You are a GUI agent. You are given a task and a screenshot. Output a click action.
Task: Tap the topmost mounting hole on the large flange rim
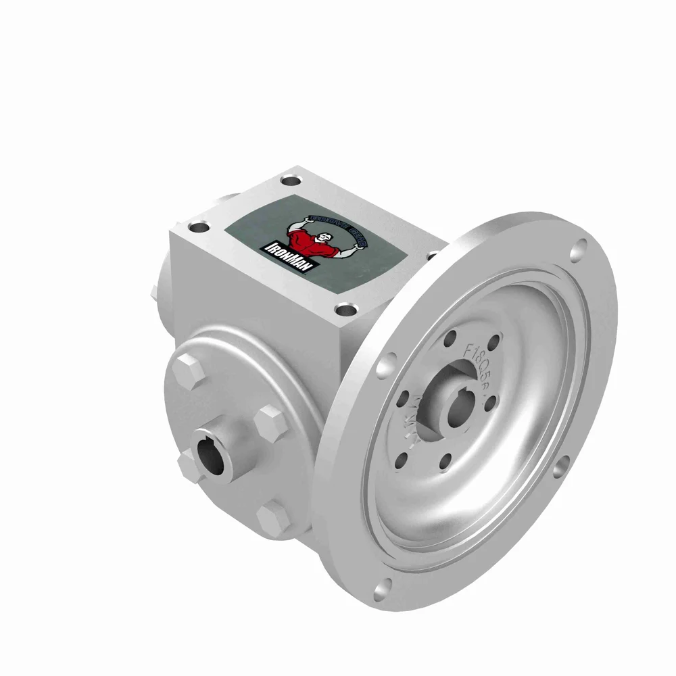(x=577, y=252)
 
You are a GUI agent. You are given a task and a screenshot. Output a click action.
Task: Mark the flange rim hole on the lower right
(x=560, y=469)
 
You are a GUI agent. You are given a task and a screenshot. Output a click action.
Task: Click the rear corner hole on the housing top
(x=291, y=181)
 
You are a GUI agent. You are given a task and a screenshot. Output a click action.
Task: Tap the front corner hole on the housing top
(x=346, y=312)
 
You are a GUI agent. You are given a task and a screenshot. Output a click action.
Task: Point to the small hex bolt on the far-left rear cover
(x=154, y=292)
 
